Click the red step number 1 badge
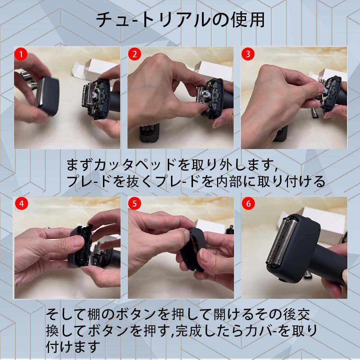click(x=21, y=54)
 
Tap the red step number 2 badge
click(x=135, y=54)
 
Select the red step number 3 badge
click(x=248, y=54)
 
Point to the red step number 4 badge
click(x=21, y=204)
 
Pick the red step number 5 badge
click(x=135, y=204)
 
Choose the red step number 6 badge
click(x=248, y=204)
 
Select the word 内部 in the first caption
click(x=231, y=181)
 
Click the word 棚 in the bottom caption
click(x=94, y=314)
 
